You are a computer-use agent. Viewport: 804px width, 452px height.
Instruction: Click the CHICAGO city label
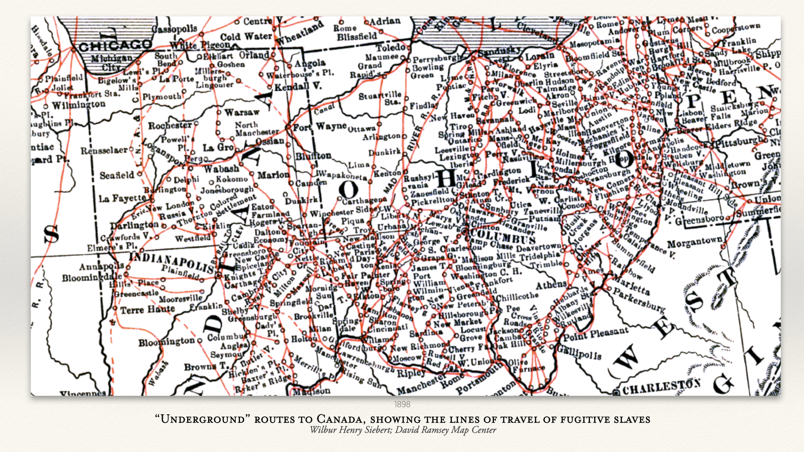[x=115, y=45]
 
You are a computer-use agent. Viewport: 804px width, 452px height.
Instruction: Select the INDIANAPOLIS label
[x=172, y=262]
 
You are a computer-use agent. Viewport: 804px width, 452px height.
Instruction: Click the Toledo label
[x=390, y=47]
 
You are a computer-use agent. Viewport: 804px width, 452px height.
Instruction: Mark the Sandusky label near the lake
[x=500, y=51]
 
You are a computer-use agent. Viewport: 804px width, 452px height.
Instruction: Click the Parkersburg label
[x=639, y=300]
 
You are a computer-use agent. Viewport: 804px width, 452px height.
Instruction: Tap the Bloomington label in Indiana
[x=167, y=342]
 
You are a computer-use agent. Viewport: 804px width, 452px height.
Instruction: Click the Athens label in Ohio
[x=551, y=285]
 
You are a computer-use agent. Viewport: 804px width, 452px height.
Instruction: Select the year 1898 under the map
[x=402, y=404]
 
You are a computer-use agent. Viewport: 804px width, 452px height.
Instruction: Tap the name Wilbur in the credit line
[x=323, y=430]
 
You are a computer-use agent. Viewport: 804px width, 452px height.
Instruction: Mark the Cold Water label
[x=246, y=37]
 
